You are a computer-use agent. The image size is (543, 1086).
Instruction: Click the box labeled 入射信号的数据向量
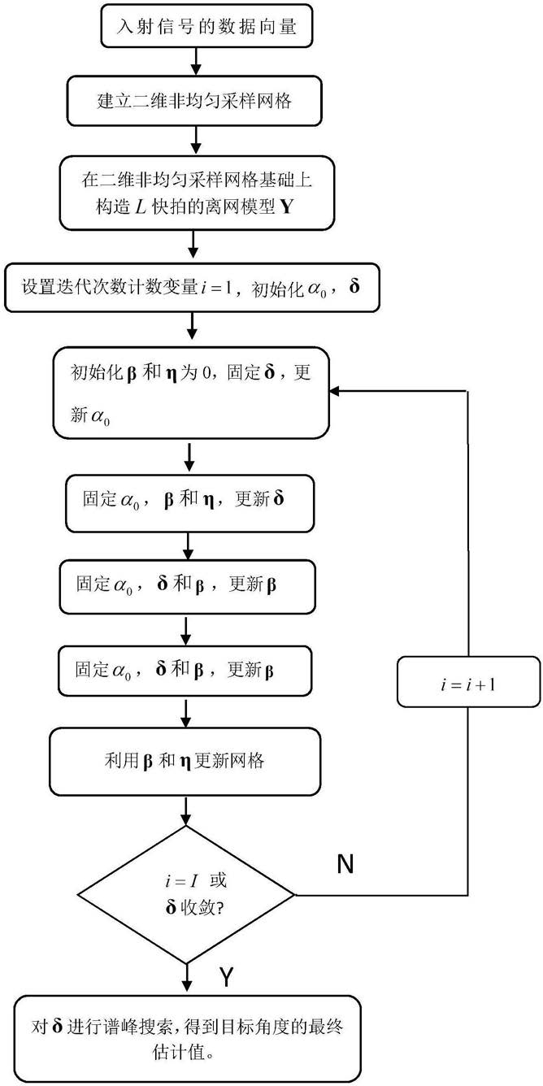(x=206, y=26)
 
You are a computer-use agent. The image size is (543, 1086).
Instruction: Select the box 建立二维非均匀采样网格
(x=194, y=101)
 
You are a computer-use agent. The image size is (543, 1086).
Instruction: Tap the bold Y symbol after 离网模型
(x=286, y=207)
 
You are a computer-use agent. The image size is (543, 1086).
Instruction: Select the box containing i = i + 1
(x=468, y=682)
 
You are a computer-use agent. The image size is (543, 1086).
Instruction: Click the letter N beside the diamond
(x=345, y=863)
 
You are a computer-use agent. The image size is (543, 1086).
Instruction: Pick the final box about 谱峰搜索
(x=188, y=1039)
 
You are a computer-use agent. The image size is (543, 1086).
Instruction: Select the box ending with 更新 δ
(x=189, y=503)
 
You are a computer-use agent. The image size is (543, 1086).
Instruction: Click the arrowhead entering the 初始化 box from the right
(x=333, y=391)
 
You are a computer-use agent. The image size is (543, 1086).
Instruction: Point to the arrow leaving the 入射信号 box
(x=195, y=61)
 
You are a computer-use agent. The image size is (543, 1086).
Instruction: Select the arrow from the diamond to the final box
(x=187, y=980)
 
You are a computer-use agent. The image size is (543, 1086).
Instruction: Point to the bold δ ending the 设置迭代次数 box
(x=354, y=286)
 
